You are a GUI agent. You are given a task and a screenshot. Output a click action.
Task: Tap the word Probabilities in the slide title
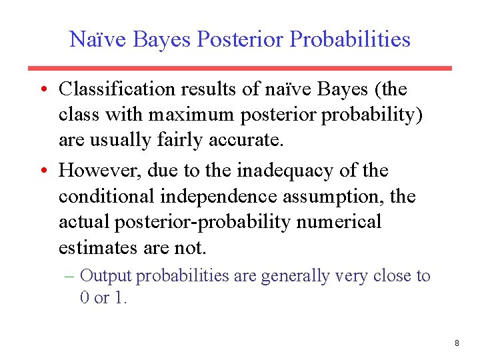tap(351, 39)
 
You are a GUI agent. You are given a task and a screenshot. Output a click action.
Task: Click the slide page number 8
tap(457, 343)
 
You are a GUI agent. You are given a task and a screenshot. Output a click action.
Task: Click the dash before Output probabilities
tap(73, 275)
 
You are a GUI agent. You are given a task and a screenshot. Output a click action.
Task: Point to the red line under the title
tap(239, 68)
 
